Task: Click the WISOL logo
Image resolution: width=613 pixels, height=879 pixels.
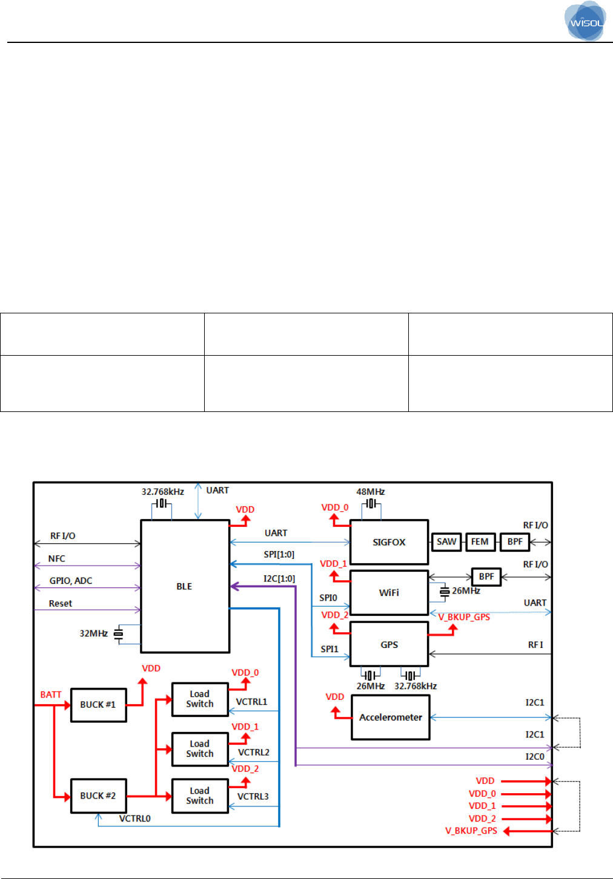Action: coord(585,22)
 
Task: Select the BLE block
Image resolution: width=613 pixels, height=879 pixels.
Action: coord(185,586)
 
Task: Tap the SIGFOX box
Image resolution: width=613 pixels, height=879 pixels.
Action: coord(389,542)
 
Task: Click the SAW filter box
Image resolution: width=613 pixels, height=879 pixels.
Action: coord(446,541)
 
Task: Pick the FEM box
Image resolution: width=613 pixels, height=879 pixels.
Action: coord(480,541)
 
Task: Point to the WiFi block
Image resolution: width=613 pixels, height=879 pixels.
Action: coord(389,593)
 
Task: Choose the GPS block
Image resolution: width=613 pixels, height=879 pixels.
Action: coord(389,645)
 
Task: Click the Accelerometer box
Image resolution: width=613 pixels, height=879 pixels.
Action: coord(391,717)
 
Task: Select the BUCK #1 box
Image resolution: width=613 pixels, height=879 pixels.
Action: coord(98,705)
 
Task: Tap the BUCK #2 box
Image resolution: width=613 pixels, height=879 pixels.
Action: coord(98,796)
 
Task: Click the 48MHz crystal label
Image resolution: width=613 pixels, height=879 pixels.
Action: coord(371,492)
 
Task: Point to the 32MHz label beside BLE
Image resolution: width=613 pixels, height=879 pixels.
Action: coord(93,633)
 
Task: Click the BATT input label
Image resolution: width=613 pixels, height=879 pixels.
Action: coord(51,694)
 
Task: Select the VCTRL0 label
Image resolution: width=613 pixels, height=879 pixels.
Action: coord(134,819)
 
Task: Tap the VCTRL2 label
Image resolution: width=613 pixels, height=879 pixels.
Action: coord(254,753)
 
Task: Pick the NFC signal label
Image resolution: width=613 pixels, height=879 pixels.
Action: coord(57,558)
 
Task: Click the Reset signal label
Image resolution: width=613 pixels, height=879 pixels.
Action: coord(61,603)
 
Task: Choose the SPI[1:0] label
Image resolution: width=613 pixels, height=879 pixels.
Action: coord(279,554)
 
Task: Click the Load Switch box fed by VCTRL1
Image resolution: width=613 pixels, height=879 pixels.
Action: coord(200,699)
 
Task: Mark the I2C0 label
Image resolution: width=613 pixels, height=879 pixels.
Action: coord(535,756)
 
